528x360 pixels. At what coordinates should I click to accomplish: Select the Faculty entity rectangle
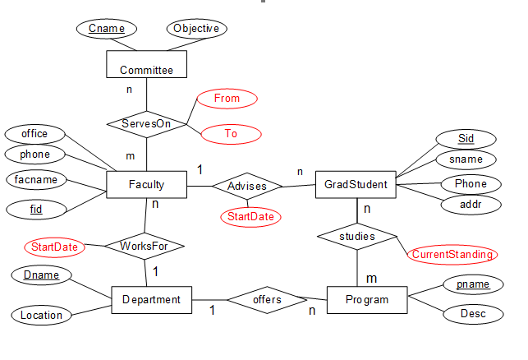click(x=146, y=185)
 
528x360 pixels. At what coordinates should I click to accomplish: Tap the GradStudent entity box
click(x=356, y=185)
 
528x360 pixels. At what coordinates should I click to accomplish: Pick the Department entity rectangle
click(x=151, y=300)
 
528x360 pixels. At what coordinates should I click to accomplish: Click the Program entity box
click(x=366, y=300)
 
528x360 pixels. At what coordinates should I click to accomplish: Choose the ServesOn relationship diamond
click(x=146, y=124)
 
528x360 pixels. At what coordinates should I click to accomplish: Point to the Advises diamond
click(x=247, y=187)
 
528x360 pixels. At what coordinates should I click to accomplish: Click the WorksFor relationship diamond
click(x=145, y=246)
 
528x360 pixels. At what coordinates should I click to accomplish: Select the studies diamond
click(x=356, y=237)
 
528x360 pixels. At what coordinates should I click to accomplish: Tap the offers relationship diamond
click(x=267, y=300)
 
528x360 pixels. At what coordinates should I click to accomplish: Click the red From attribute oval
click(x=227, y=99)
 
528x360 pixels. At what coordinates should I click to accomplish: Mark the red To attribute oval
click(x=231, y=133)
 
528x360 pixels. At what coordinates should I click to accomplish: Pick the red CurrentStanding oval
click(x=452, y=254)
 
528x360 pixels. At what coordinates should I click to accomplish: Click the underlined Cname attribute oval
click(x=106, y=29)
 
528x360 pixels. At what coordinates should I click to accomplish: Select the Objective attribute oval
click(x=196, y=29)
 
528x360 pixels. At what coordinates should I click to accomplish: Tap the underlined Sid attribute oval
click(x=466, y=138)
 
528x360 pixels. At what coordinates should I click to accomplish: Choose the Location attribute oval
click(x=41, y=315)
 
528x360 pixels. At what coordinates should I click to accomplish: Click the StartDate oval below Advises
click(x=250, y=217)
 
